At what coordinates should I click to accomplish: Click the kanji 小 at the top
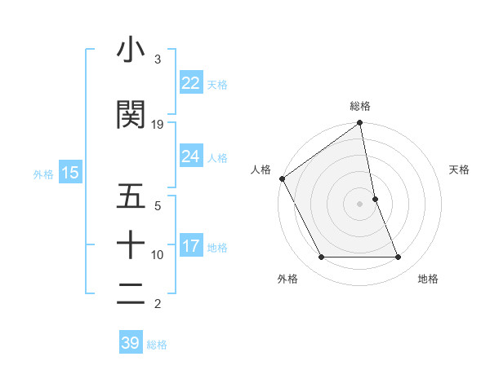[131, 50]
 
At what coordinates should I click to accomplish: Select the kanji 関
[131, 114]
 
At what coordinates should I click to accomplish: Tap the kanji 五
[131, 197]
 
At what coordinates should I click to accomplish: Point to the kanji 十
[131, 244]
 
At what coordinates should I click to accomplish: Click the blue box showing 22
[190, 83]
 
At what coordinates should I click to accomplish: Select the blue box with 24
[190, 156]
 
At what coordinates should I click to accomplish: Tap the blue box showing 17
[190, 246]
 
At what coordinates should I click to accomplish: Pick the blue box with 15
[69, 173]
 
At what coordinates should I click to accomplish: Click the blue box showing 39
[131, 343]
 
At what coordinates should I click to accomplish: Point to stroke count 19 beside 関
[158, 125]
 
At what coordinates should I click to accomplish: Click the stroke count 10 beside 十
[158, 255]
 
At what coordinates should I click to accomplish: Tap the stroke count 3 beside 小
[158, 59]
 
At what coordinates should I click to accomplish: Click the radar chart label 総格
[360, 106]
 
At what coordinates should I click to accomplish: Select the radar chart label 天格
[460, 169]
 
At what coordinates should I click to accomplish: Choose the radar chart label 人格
[261, 169]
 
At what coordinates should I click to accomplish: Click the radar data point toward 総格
[360, 123]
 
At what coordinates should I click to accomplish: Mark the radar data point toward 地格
[399, 258]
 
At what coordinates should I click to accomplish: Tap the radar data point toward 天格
[375, 198]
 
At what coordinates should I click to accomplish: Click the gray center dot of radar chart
[360, 203]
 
